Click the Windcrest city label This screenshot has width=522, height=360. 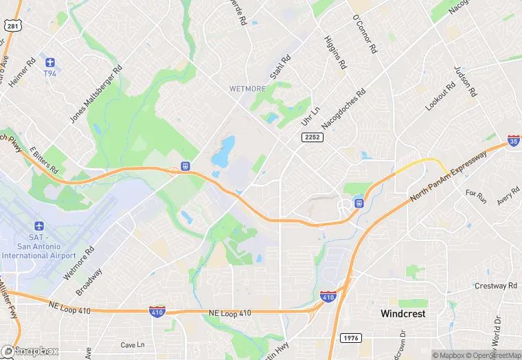pyautogui.click(x=403, y=313)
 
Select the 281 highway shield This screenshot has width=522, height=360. pyautogui.click(x=12, y=25)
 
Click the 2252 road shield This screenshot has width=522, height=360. pyautogui.click(x=312, y=137)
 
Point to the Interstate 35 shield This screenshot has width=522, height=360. pyautogui.click(x=514, y=140)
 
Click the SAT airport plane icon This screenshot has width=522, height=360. pyautogui.click(x=38, y=227)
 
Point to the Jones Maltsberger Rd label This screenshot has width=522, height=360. pyautogui.click(x=95, y=94)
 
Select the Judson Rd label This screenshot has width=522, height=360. pyautogui.click(x=465, y=81)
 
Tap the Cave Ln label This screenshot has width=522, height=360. pyautogui.click(x=133, y=344)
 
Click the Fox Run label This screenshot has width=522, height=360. pyautogui.click(x=475, y=197)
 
